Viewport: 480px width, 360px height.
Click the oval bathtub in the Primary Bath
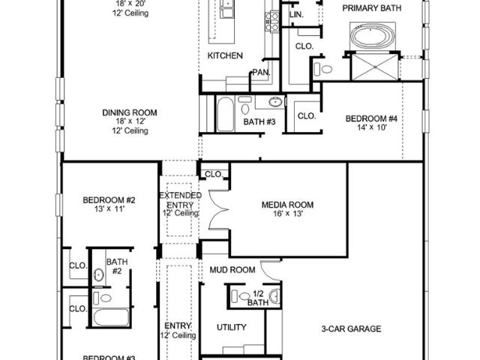point(373,36)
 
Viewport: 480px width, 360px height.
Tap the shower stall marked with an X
point(375,67)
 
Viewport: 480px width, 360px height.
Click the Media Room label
point(287,205)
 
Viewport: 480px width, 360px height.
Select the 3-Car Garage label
point(351,328)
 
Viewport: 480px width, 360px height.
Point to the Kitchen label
point(225,55)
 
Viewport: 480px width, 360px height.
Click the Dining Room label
point(130,112)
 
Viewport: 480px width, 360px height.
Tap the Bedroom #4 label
point(371,118)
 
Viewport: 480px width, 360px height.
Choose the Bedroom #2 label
point(109,200)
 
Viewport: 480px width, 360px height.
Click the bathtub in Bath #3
point(225,114)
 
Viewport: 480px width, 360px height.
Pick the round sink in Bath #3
point(276,102)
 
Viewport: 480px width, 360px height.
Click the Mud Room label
point(232,270)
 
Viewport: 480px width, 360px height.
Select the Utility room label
point(232,327)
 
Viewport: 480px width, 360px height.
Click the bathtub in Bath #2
point(110,317)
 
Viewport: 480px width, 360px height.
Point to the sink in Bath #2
point(98,275)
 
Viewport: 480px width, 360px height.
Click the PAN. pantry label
point(262,73)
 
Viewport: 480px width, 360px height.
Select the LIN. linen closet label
point(296,14)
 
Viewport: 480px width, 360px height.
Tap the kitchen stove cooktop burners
point(271,22)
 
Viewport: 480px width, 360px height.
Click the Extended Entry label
point(181,200)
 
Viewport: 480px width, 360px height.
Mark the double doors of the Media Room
point(219,210)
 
